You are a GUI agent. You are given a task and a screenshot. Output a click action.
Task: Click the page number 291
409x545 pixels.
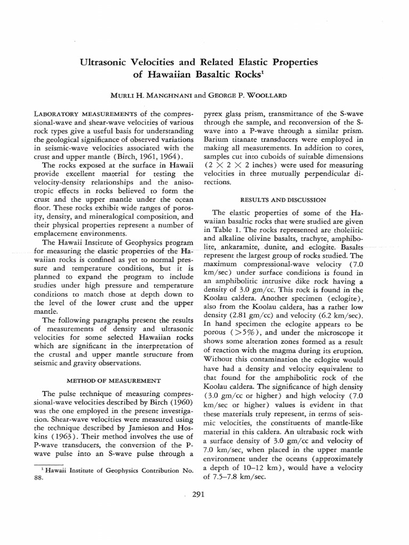point(199,494)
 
